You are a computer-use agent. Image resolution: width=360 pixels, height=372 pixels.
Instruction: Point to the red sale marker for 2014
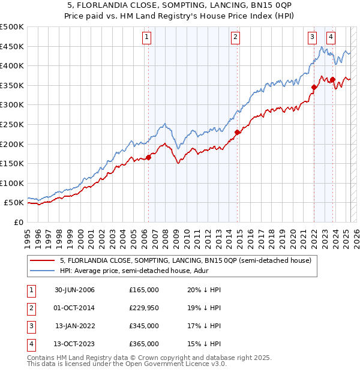click(237, 133)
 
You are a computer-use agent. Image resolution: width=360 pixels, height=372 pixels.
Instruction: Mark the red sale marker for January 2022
click(314, 88)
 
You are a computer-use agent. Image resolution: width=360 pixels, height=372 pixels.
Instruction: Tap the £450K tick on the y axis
click(12, 46)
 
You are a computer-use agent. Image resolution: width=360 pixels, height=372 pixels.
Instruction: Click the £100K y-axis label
click(12, 183)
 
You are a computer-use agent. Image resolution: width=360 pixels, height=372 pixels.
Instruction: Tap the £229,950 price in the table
click(143, 308)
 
